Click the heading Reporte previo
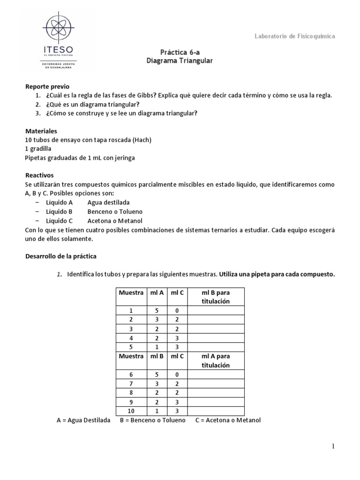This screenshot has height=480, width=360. (47, 87)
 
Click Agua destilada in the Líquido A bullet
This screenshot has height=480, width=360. (108, 202)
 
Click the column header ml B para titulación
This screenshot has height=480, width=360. (215, 297)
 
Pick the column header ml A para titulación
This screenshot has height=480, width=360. (215, 360)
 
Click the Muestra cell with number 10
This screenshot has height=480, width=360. (131, 411)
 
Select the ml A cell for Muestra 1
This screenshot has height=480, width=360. (157, 310)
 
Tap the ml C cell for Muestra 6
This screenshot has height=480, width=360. (177, 374)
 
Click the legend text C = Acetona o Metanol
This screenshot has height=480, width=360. (223, 420)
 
